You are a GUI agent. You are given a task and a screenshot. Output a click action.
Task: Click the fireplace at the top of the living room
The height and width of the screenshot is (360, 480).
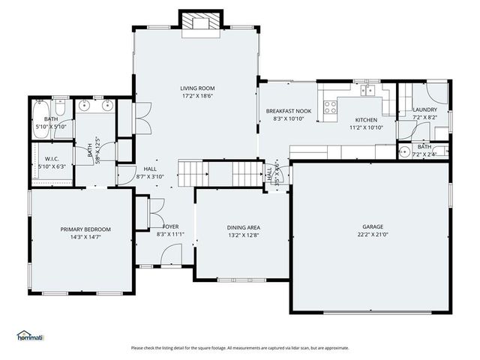(200, 22)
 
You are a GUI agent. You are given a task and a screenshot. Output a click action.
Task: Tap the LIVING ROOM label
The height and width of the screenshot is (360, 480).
(197, 88)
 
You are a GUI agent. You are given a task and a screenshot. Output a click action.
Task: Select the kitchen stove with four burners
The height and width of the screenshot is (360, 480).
(328, 107)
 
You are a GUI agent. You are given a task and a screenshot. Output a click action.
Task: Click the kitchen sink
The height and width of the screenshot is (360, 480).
(367, 91)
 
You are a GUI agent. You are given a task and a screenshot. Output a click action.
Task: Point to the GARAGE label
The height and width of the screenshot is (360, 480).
(373, 226)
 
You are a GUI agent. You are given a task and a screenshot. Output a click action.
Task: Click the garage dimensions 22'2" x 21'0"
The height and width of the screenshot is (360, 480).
(373, 235)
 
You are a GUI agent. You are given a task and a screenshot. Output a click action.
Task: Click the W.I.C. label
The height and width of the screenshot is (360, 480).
(51, 158)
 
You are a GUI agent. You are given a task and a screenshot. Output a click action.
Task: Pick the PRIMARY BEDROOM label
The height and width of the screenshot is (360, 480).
(85, 229)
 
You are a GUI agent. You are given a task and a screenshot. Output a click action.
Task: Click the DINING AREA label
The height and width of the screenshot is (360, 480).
(243, 226)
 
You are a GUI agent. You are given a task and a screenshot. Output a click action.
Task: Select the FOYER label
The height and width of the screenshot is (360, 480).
(170, 226)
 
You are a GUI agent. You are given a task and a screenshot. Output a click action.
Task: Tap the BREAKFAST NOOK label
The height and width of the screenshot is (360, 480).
(288, 111)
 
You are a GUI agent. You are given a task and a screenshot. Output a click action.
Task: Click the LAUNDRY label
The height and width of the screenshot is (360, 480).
(424, 110)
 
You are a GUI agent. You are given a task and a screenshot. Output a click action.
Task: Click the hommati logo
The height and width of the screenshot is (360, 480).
(30, 335)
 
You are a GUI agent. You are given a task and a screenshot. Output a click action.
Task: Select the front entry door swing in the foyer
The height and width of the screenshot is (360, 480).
(170, 257)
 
